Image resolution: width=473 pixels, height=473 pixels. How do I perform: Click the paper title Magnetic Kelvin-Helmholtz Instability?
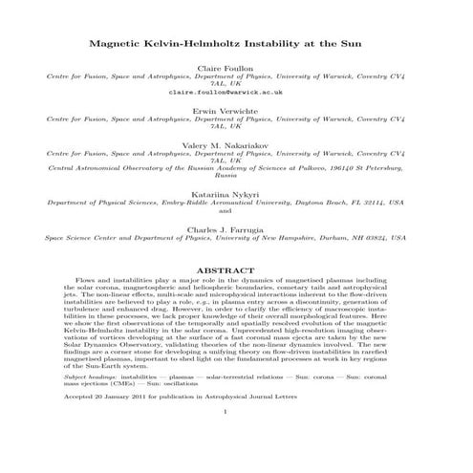click(x=235, y=45)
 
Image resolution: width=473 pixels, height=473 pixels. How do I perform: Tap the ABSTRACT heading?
click(x=235, y=270)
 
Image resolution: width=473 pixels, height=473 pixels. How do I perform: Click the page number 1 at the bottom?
click(x=235, y=440)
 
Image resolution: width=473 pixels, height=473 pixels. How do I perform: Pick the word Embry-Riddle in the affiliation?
click(x=190, y=203)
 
